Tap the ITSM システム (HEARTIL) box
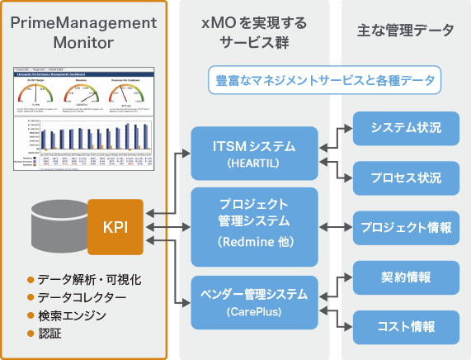tap(254, 153)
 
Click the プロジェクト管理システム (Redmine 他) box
tap(254, 220)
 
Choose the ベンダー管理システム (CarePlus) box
tap(254, 302)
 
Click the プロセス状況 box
tap(405, 178)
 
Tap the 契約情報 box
tap(405, 277)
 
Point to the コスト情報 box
tap(405, 326)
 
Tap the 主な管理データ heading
tap(405, 31)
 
